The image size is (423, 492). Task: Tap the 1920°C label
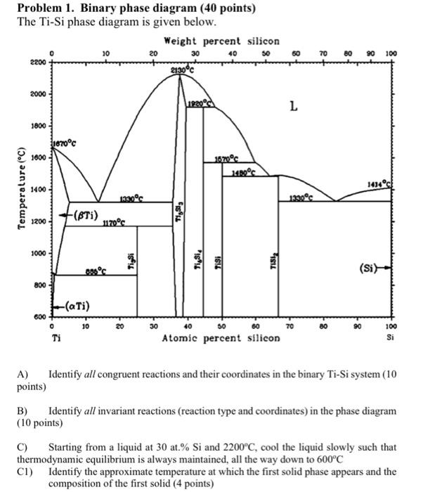[199, 103]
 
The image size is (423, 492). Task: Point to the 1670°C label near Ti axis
[63, 143]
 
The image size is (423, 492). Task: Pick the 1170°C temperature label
[112, 224]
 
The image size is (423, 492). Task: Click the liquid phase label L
[294, 107]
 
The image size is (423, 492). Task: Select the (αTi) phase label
[76, 304]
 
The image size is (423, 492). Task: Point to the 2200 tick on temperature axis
[37, 63]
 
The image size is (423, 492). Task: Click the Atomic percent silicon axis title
[221, 338]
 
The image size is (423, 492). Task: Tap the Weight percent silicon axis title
[221, 41]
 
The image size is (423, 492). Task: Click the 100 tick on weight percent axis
[391, 53]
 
